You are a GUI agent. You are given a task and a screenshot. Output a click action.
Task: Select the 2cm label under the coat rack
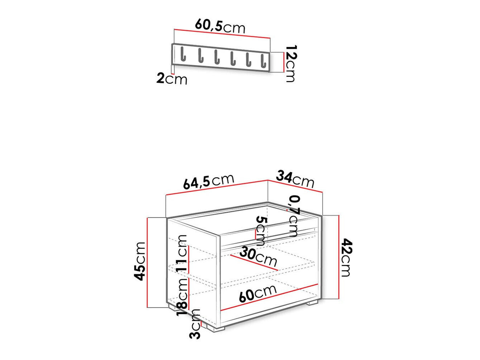[171, 79]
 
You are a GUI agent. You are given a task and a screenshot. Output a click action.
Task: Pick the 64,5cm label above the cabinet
[209, 181]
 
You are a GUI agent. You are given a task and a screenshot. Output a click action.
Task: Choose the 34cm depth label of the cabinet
[295, 179]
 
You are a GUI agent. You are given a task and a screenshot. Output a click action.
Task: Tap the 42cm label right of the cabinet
[345, 258]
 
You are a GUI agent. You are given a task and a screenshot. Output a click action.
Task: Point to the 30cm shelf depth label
[259, 257]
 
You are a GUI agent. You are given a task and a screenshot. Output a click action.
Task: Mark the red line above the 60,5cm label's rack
[222, 34]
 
